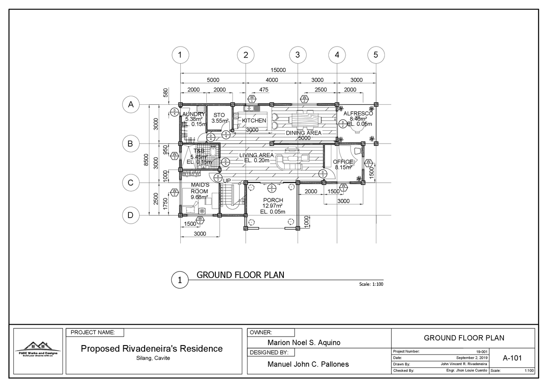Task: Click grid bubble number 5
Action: pos(376,55)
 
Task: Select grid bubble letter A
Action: pos(131,104)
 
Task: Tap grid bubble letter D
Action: pos(131,215)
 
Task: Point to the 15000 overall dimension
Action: pos(278,70)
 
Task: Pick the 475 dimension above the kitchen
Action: pos(264,90)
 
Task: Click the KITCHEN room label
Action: pos(254,121)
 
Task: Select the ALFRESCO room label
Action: pos(358,114)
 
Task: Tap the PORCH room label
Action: pos(273,200)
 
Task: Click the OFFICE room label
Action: pos(343,162)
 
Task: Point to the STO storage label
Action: pos(219,115)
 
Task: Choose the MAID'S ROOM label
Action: pos(200,188)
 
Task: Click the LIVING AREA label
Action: pos(256,155)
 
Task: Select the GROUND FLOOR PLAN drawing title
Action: pos(240,275)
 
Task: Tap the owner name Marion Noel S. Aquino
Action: pos(304,343)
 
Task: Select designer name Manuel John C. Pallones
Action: pos(308,364)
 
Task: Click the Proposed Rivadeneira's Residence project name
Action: pos(152,349)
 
